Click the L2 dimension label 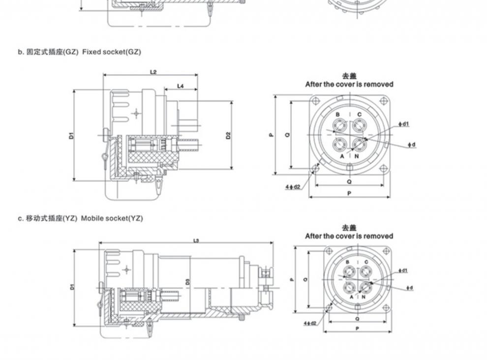pyautogui.click(x=153, y=72)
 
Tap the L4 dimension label pyautogui.click(x=180, y=86)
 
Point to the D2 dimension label pyautogui.click(x=228, y=135)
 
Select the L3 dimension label pyautogui.click(x=196, y=240)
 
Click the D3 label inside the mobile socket pyautogui.click(x=188, y=283)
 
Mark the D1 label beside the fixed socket pyautogui.click(x=71, y=135)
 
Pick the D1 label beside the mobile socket pyautogui.click(x=72, y=286)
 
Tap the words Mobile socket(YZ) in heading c pyautogui.click(x=112, y=218)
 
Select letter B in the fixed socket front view pyautogui.click(x=338, y=115)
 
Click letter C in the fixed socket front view pyautogui.click(x=360, y=115)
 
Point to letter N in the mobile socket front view pyautogui.click(x=364, y=297)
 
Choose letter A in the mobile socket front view pyautogui.click(x=352, y=297)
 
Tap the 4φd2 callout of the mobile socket pyautogui.click(x=310, y=323)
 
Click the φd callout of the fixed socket pyautogui.click(x=412, y=145)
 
